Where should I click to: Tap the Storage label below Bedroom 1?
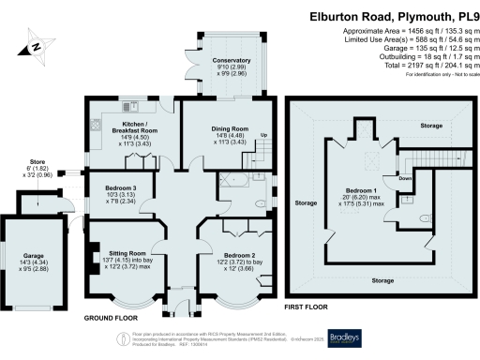coord(380,280)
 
